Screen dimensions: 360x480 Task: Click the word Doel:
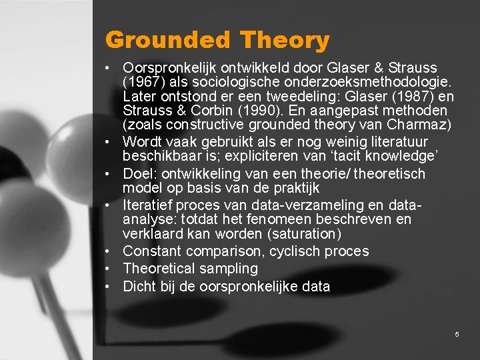140,174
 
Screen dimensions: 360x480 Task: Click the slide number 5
457,334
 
